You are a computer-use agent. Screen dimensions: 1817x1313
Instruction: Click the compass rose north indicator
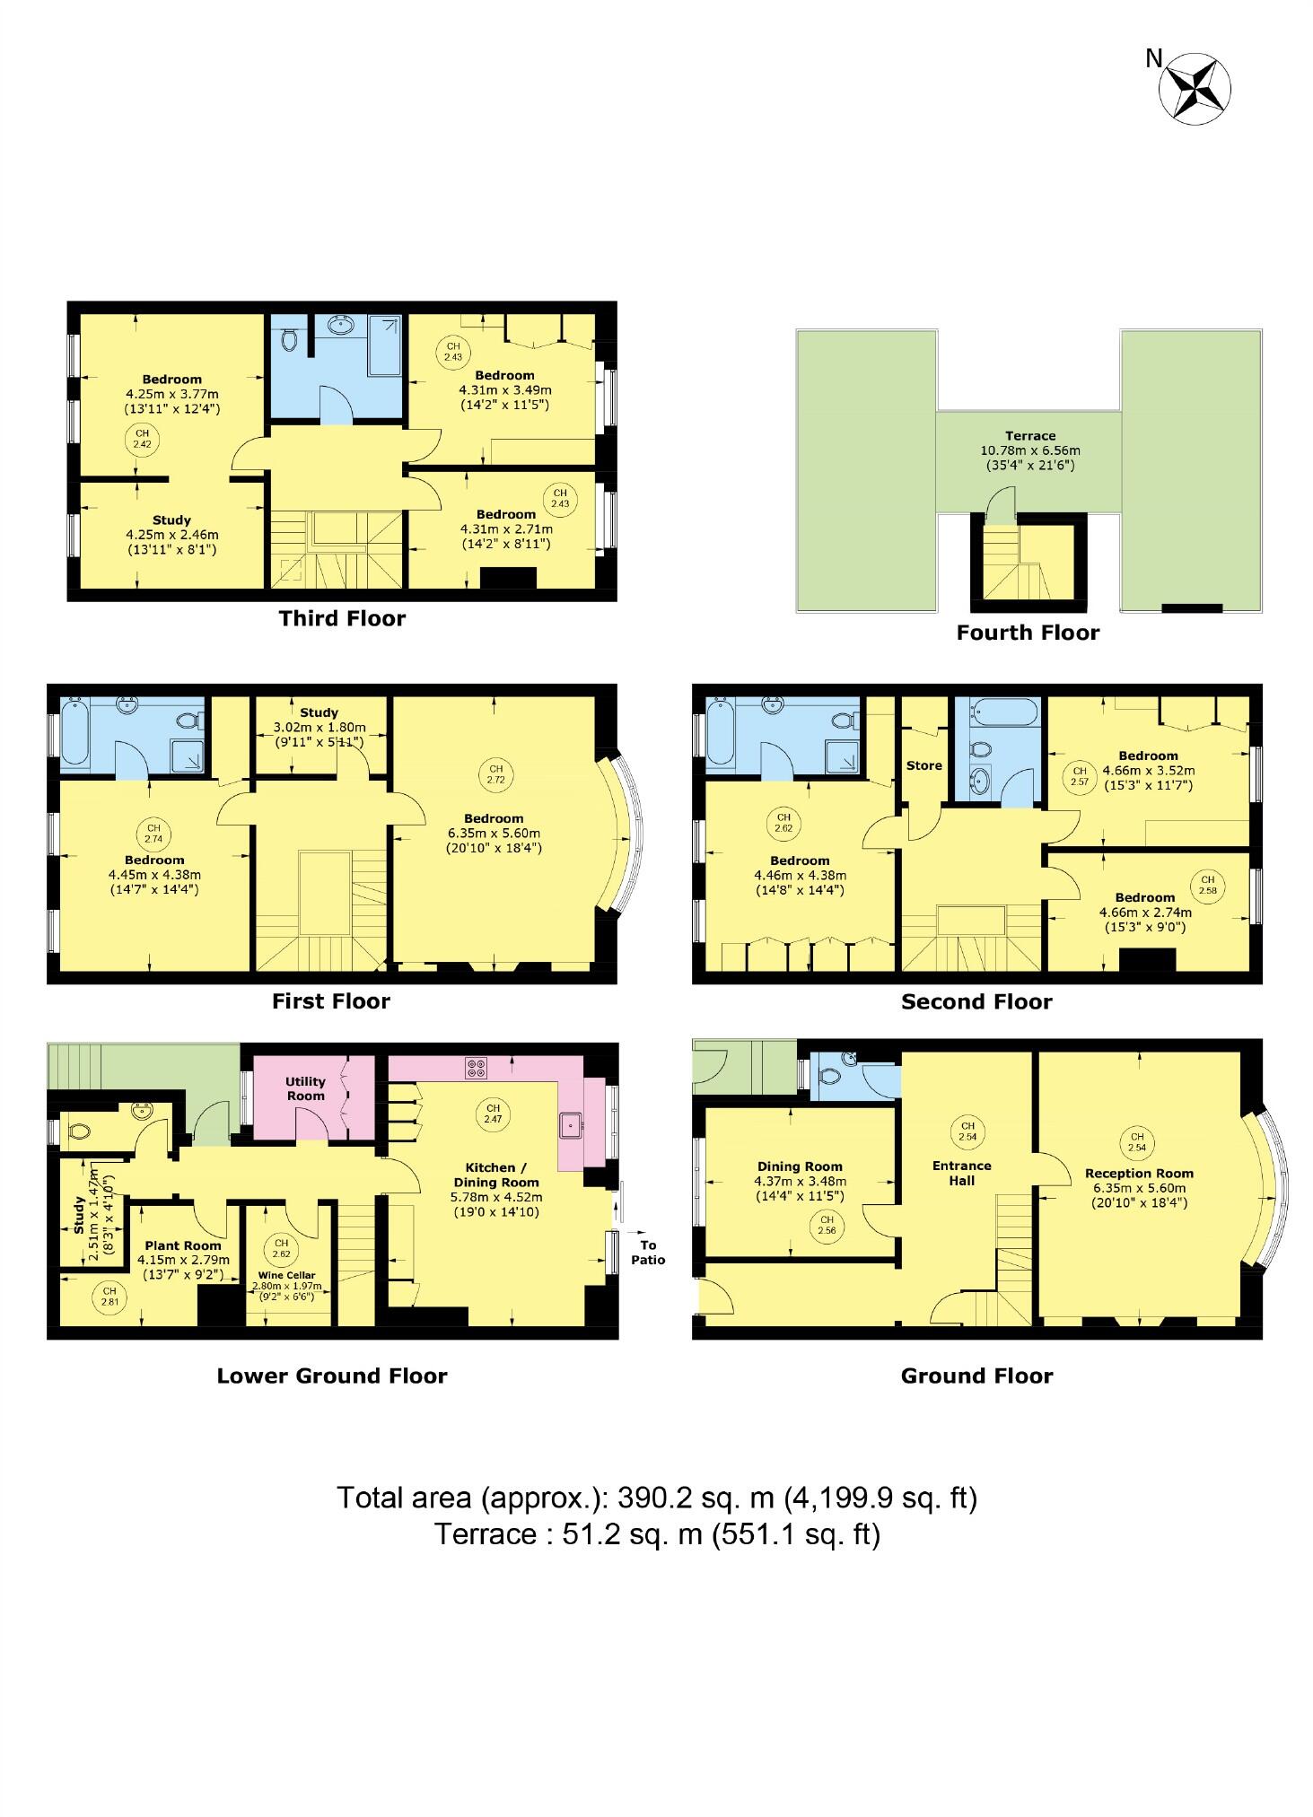(x=1194, y=87)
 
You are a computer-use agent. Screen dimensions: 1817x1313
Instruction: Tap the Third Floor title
(x=342, y=618)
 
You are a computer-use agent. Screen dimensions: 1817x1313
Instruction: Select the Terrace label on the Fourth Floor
(x=1029, y=436)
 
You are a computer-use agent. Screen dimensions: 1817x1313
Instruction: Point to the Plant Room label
(x=183, y=1245)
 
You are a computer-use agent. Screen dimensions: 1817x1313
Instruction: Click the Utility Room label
(x=305, y=1088)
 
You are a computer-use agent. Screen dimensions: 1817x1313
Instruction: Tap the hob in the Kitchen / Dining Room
(x=477, y=1068)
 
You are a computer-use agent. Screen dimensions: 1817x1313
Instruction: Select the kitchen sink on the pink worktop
(x=571, y=1124)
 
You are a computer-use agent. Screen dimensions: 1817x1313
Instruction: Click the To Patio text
(x=648, y=1252)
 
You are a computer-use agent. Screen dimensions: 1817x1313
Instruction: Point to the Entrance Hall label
(x=961, y=1173)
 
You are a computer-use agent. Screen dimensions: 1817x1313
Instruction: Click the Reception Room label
(x=1139, y=1173)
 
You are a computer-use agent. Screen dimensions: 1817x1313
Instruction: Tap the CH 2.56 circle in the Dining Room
(x=827, y=1225)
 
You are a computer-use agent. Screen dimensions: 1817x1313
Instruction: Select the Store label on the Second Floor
(x=923, y=765)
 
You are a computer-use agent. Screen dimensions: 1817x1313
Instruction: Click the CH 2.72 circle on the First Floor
(x=495, y=774)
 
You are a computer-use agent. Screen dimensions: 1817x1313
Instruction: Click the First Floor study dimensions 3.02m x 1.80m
(x=320, y=728)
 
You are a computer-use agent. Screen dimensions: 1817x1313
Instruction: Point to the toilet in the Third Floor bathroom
(x=289, y=339)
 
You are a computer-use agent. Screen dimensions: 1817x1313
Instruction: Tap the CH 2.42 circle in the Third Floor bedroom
(x=141, y=439)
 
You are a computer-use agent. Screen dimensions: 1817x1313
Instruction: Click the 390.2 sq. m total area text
(x=656, y=1498)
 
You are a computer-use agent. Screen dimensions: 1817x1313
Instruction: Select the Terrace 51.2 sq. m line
(x=656, y=1533)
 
